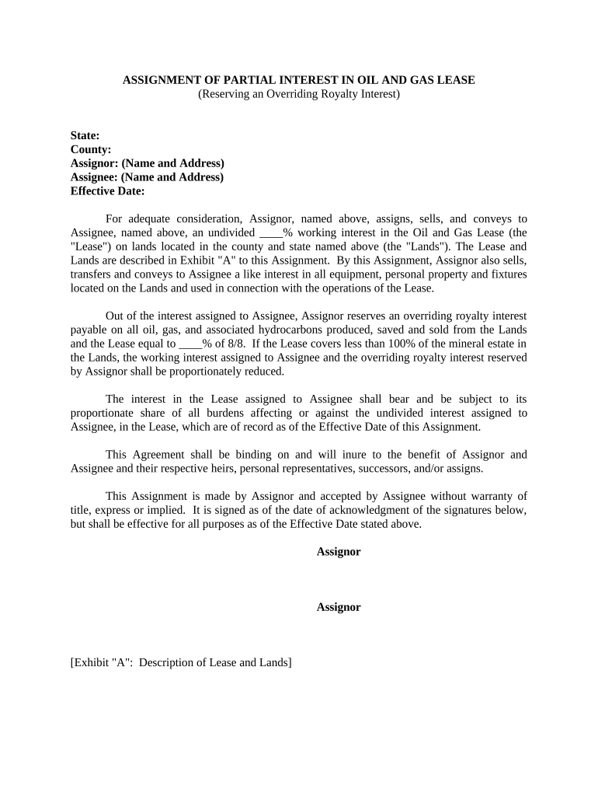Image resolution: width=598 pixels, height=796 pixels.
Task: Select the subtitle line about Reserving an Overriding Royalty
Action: click(x=299, y=94)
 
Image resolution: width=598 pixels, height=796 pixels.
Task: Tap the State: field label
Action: click(x=85, y=136)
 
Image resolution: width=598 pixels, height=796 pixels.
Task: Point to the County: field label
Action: click(x=91, y=149)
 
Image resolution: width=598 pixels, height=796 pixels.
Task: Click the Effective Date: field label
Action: click(x=108, y=190)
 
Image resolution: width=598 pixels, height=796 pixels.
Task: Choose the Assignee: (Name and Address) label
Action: click(x=147, y=176)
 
